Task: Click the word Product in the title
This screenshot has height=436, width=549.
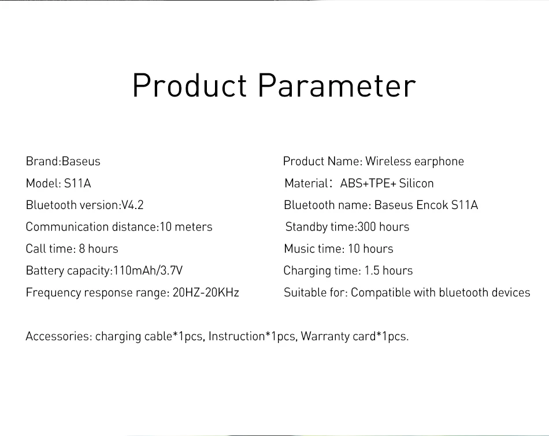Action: (190, 85)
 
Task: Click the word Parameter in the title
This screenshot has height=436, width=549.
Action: (337, 85)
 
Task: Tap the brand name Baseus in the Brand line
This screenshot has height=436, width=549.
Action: (81, 161)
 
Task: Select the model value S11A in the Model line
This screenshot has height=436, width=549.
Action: (77, 184)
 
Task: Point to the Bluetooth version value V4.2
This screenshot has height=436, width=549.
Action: (132, 205)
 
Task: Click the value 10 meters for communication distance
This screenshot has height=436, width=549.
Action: (186, 227)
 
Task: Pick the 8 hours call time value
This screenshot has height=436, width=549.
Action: (98, 249)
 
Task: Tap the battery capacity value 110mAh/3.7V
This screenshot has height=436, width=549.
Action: (148, 270)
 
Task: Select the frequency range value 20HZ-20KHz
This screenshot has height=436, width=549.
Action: (206, 293)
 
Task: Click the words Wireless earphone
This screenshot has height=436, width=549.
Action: (414, 161)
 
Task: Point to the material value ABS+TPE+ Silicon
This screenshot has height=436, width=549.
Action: (387, 184)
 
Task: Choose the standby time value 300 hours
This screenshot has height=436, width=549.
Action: (383, 227)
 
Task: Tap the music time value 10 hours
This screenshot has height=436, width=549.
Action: (370, 249)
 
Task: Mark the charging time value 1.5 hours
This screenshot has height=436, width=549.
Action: (388, 270)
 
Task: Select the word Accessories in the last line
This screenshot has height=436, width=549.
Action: (59, 336)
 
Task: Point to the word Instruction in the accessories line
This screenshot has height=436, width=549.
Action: (237, 336)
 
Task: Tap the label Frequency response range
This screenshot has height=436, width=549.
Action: (97, 293)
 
